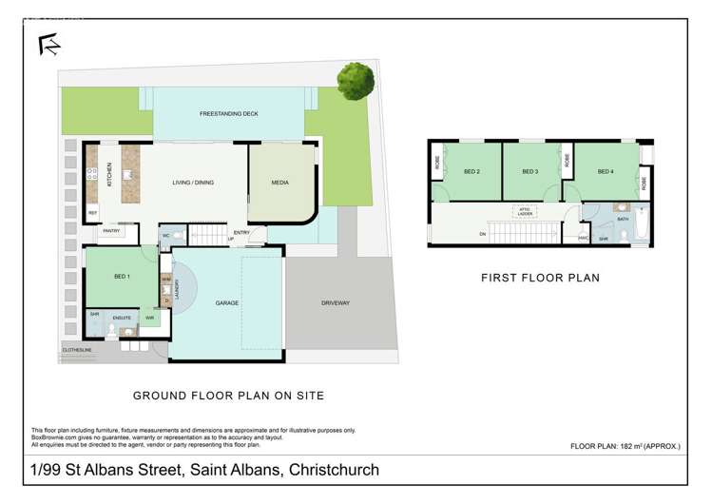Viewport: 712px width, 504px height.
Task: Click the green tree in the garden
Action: click(x=355, y=81)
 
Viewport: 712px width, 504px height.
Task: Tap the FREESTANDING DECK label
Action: click(x=229, y=114)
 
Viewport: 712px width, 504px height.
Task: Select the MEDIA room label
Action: click(x=281, y=183)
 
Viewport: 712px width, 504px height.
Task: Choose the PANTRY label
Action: click(x=109, y=230)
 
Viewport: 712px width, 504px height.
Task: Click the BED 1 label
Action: click(x=121, y=276)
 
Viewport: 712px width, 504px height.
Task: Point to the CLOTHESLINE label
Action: click(x=76, y=349)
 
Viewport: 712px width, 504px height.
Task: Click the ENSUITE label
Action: click(x=121, y=317)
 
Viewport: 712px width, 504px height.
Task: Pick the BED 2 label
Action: click(x=471, y=171)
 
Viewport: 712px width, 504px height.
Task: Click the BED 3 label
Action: click(x=530, y=171)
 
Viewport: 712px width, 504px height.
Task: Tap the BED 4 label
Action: click(x=606, y=171)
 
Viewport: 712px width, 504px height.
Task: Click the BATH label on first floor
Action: click(x=624, y=219)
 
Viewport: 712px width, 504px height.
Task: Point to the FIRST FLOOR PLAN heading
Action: click(x=539, y=279)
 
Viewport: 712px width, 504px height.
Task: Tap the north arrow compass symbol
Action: click(x=46, y=44)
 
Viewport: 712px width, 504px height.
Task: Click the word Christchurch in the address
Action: click(x=326, y=470)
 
